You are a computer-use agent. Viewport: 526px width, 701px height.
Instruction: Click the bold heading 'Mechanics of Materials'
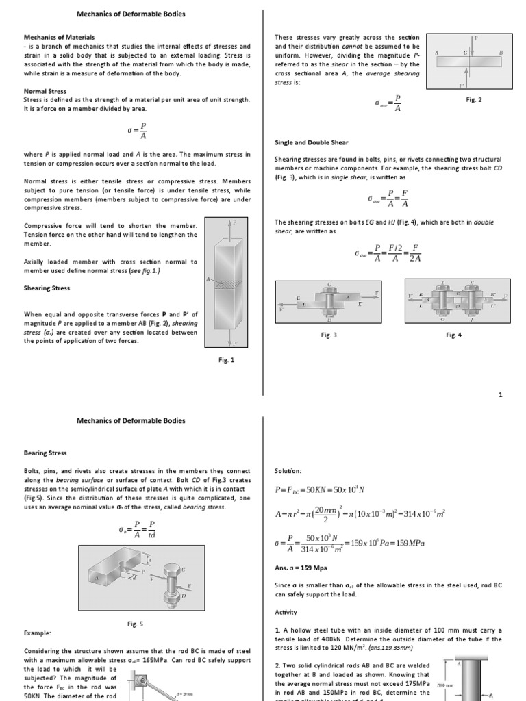click(x=59, y=37)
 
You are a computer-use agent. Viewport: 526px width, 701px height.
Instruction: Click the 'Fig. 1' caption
click(x=227, y=360)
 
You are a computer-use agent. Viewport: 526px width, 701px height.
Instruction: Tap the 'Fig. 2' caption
click(x=473, y=100)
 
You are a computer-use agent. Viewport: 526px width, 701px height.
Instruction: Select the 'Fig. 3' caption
click(x=329, y=335)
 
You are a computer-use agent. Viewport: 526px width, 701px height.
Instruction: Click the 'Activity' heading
click(x=287, y=613)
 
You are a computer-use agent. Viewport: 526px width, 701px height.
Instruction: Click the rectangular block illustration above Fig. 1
click(x=227, y=283)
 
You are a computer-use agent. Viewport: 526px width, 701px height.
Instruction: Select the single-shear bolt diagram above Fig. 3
click(x=329, y=301)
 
